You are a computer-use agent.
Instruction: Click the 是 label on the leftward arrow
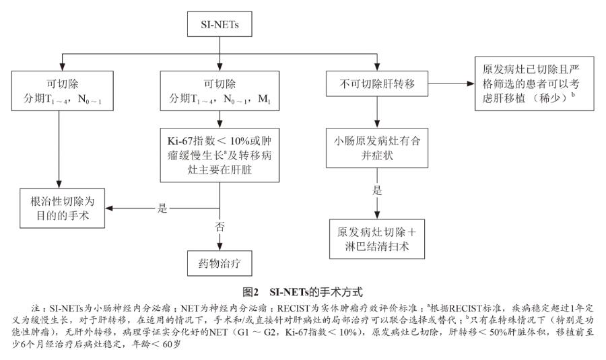coord(162,209)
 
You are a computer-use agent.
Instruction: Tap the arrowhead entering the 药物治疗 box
coord(220,247)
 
